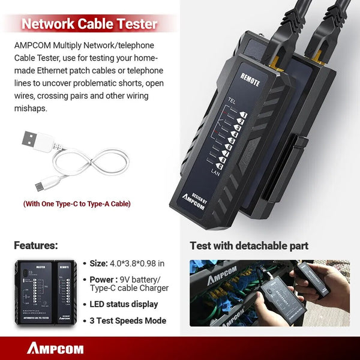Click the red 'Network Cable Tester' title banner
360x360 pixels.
tap(89, 25)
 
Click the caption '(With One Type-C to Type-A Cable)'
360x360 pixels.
tap(77, 204)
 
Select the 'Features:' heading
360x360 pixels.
tap(36, 245)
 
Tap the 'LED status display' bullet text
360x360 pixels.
tap(125, 304)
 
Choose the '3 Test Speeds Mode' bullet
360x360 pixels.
tap(128, 320)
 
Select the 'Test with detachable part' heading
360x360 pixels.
tap(249, 245)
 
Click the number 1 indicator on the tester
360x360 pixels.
tap(245, 113)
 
